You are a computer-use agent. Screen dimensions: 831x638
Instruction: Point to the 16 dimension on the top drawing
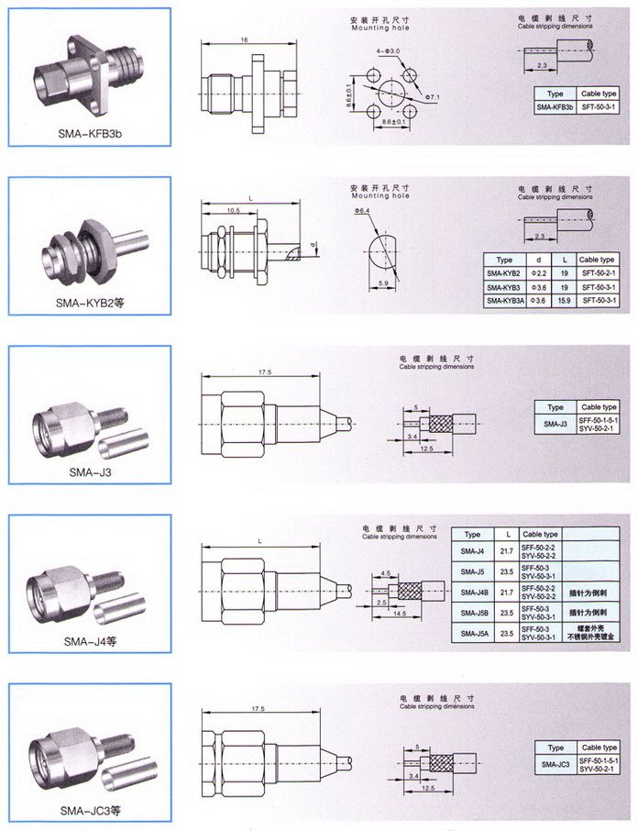tap(245, 41)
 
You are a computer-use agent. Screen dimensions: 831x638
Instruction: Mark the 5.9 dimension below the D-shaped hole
tap(381, 285)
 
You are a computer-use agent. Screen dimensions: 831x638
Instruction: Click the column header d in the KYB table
tap(538, 260)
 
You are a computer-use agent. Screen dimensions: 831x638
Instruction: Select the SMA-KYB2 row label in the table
tap(503, 273)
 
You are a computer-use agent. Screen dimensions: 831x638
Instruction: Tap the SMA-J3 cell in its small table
tap(555, 424)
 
